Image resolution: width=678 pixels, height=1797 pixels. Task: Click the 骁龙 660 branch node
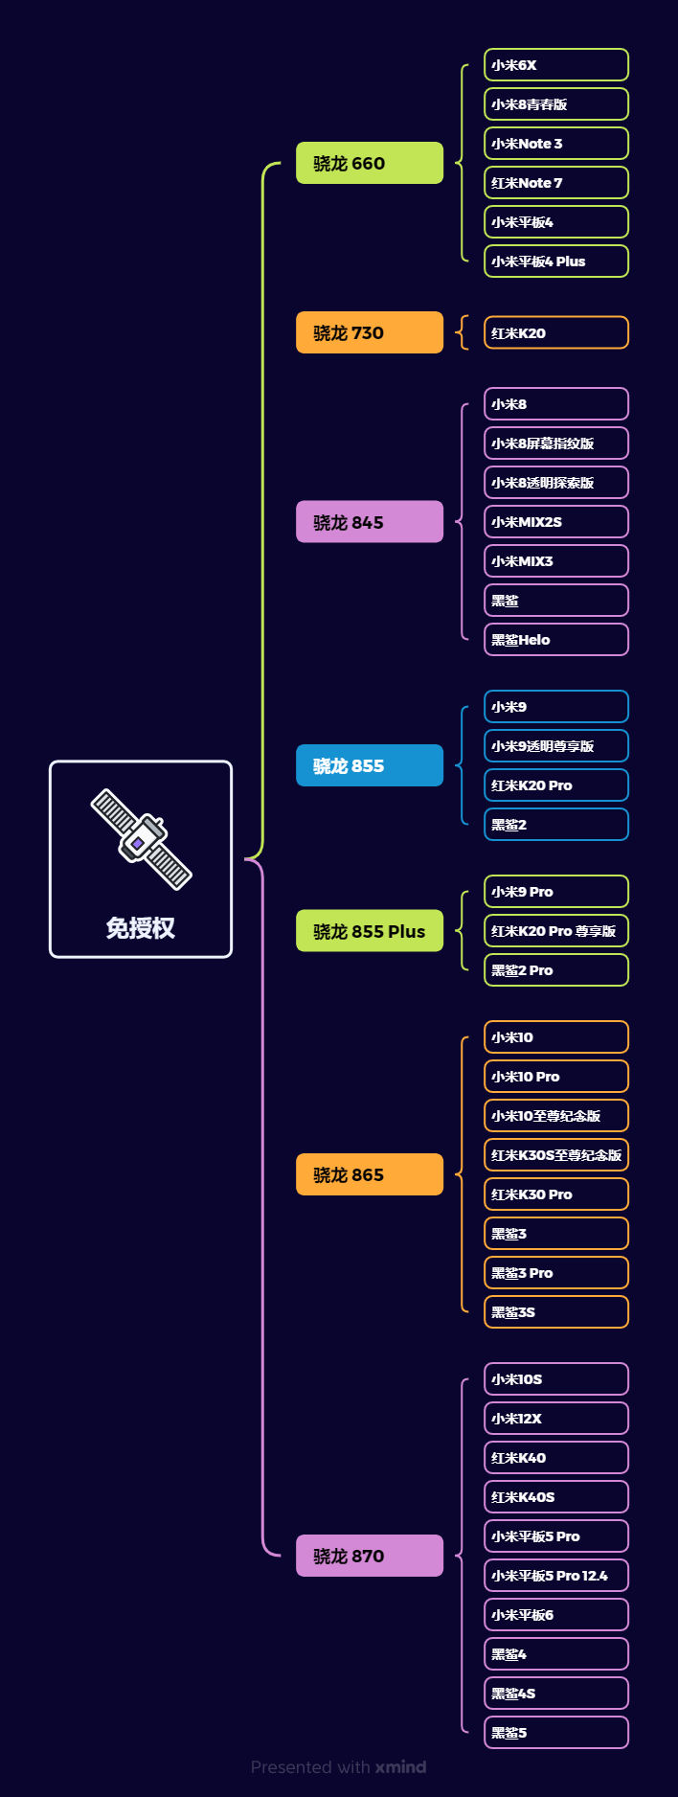tap(369, 163)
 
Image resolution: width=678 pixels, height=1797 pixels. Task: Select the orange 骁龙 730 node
tap(369, 332)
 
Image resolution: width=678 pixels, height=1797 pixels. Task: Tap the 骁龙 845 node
tap(369, 522)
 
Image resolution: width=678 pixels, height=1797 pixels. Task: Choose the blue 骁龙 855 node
tap(369, 765)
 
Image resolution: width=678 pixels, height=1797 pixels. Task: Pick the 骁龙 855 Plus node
tap(369, 931)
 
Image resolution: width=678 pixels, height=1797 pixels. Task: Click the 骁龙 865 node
tap(369, 1174)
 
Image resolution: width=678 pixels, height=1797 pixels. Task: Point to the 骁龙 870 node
tap(369, 1556)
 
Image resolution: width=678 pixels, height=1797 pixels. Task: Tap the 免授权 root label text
tap(141, 927)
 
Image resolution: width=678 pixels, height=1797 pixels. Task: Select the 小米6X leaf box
tap(555, 65)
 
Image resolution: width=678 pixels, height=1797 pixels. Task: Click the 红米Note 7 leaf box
tap(555, 183)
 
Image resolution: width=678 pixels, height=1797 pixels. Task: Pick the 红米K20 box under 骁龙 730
tap(555, 333)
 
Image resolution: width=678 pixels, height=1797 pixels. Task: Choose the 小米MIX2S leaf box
tap(555, 522)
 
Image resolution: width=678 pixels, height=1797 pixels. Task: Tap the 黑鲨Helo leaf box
tap(555, 640)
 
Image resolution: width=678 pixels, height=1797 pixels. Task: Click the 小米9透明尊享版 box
tap(555, 746)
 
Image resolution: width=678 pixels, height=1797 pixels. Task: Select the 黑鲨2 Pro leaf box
tap(555, 970)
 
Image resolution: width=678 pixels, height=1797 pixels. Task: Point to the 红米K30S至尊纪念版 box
tap(555, 1155)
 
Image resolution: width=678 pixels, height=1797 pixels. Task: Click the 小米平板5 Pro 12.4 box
tap(555, 1576)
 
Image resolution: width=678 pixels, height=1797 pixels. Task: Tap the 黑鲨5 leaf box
tap(555, 1733)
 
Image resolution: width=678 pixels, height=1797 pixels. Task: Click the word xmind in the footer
tap(400, 1767)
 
